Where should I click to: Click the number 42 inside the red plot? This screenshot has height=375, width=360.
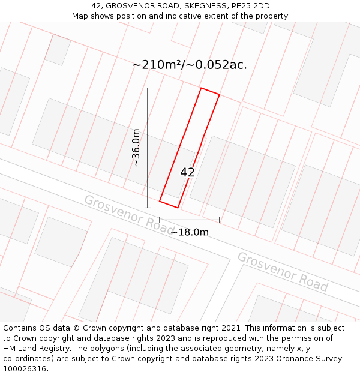click(187, 173)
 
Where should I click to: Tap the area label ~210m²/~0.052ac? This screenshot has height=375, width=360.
click(189, 65)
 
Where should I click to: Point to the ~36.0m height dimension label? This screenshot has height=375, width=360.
click(136, 148)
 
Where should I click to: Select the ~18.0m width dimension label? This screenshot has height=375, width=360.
click(190, 232)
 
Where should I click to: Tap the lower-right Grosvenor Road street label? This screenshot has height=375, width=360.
click(283, 271)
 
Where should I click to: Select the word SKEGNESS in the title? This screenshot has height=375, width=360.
click(205, 6)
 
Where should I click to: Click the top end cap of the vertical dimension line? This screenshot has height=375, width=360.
click(148, 88)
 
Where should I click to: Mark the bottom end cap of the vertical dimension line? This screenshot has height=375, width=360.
click(148, 208)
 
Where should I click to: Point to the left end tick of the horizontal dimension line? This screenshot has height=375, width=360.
click(160, 220)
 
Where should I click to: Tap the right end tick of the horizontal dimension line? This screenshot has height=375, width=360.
click(220, 220)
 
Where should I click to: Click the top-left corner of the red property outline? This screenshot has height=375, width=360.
click(201, 88)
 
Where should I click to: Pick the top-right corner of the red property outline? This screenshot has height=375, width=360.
click(220, 95)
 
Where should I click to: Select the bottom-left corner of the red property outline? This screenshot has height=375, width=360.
click(160, 201)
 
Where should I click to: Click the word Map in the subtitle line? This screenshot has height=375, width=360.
click(82, 16)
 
